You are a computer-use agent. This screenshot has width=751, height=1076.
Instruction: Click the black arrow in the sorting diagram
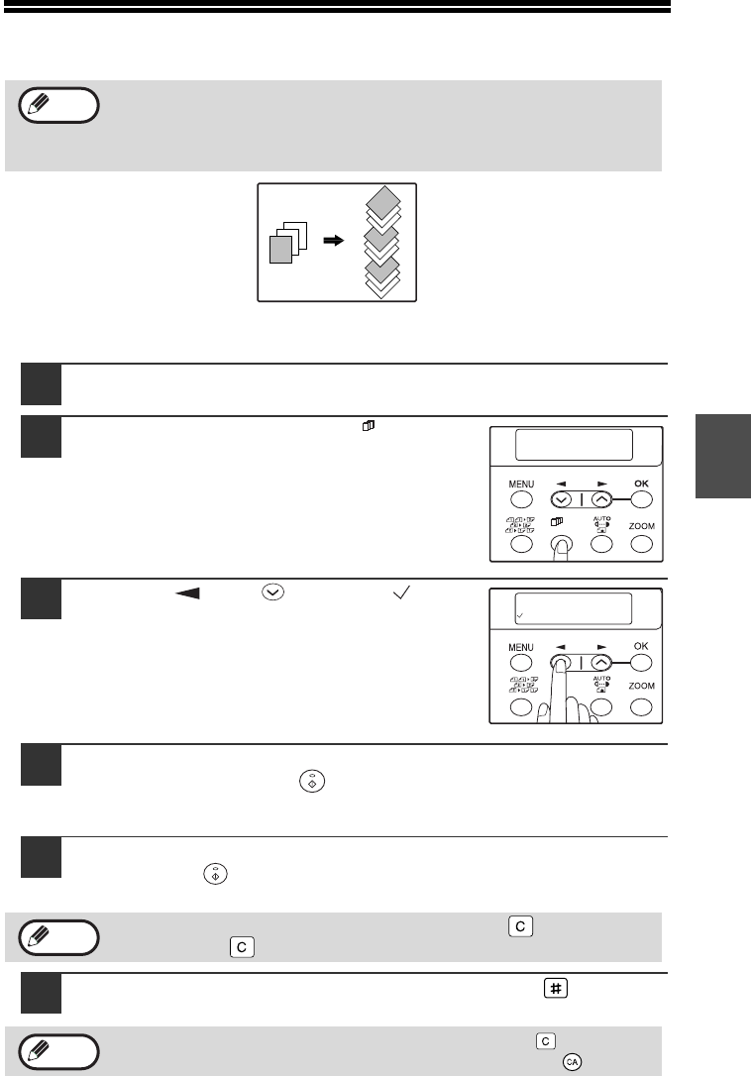[334, 241]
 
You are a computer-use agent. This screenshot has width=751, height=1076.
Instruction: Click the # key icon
[556, 988]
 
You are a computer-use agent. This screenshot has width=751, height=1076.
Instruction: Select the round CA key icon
[572, 1061]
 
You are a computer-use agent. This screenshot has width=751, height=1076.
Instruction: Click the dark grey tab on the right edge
[723, 456]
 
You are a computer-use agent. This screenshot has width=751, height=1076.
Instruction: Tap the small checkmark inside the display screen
[520, 616]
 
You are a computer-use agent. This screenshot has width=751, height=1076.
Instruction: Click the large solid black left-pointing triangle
[187, 592]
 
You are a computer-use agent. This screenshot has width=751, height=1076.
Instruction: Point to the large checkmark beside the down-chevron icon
[401, 592]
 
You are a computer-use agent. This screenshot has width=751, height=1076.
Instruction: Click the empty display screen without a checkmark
[574, 445]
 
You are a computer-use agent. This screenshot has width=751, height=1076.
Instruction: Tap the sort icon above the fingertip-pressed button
[557, 522]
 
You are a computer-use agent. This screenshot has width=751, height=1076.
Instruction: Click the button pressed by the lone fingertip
[562, 544]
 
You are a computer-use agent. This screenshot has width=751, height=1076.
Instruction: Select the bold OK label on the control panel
[641, 484]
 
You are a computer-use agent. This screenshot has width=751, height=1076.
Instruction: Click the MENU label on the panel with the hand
[521, 647]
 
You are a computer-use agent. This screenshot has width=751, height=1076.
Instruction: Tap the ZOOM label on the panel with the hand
[641, 686]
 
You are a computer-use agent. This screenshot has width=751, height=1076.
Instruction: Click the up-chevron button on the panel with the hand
[600, 662]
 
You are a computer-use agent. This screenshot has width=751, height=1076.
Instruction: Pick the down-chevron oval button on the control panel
[562, 499]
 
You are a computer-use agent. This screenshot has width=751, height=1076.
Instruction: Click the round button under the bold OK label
[641, 499]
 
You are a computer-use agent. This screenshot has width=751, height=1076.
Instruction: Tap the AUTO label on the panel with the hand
[602, 678]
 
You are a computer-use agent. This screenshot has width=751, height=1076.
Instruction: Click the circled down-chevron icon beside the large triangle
[273, 592]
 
